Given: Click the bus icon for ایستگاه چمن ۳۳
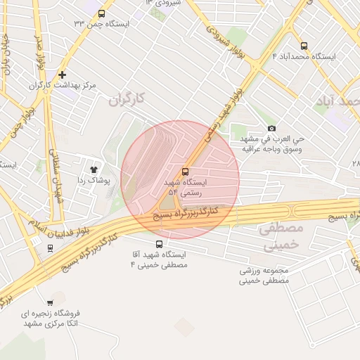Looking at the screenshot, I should coord(102,13).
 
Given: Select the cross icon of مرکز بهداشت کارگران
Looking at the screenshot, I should coord(63,75).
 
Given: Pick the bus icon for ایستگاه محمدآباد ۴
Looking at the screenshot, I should coord(304,46).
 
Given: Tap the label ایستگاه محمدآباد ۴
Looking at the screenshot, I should coord(304,56).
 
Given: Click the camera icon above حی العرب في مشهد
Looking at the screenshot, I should coord(272,128).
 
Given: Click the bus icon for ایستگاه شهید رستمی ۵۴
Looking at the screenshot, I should coord(186,171).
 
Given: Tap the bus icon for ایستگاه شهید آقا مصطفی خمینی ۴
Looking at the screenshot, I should coord(159,244).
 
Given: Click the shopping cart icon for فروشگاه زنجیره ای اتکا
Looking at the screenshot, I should coord(49,303).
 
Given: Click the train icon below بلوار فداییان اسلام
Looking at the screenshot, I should coord(50,247).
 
